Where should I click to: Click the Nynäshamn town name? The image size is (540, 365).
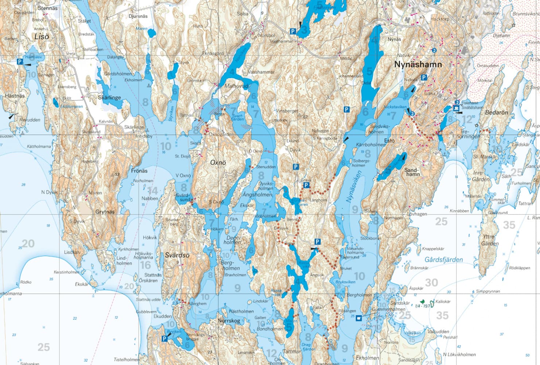click(x=418, y=65)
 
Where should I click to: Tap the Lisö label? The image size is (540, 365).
click(x=41, y=36)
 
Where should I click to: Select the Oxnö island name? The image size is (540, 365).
click(x=218, y=163)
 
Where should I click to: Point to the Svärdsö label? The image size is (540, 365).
click(x=177, y=255)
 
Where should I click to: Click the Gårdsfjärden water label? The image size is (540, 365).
click(x=443, y=260)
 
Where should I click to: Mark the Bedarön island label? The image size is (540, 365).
click(x=496, y=113)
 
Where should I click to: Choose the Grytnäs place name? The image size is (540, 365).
click(x=105, y=212)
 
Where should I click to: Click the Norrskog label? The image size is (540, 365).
click(x=229, y=321)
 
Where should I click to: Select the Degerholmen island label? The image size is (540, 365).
click(x=232, y=240)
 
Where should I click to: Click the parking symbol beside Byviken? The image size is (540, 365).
click(x=164, y=339)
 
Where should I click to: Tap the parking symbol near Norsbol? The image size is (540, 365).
click(x=292, y=32)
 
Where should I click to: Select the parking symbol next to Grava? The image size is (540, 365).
click(x=306, y=186)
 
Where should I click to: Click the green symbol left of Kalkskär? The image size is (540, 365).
click(x=423, y=302)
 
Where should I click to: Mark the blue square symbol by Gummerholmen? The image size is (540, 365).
click(x=359, y=318)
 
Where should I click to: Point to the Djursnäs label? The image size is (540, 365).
click(x=138, y=16)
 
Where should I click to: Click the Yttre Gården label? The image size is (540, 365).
click(x=490, y=240)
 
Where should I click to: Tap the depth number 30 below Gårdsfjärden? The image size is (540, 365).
click(x=431, y=283)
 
